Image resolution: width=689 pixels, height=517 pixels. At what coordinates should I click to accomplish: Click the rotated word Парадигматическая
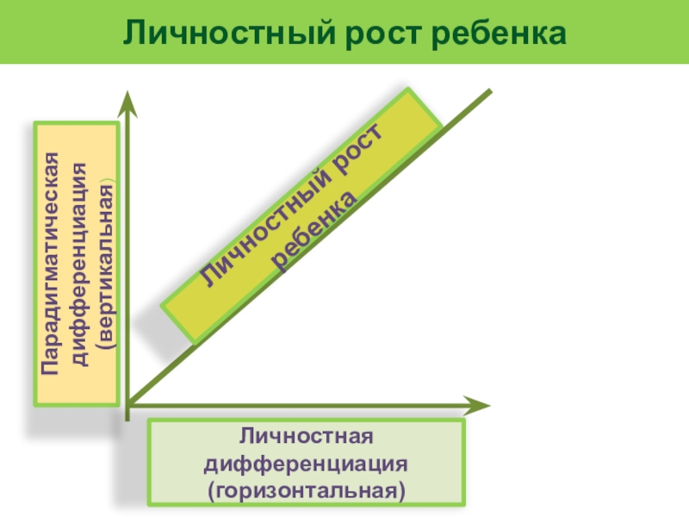click(53, 264)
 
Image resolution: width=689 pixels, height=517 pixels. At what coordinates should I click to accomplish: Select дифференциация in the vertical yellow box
click(78, 264)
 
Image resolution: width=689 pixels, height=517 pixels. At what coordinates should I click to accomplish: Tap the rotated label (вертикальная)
click(104, 264)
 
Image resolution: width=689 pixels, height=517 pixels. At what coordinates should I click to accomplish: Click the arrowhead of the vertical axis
click(127, 102)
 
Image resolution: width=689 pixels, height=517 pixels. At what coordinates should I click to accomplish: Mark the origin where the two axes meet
click(127, 404)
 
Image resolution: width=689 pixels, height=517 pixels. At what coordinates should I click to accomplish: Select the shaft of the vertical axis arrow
click(127, 258)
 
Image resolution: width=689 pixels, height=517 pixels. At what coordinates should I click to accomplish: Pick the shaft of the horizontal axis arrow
click(301, 404)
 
